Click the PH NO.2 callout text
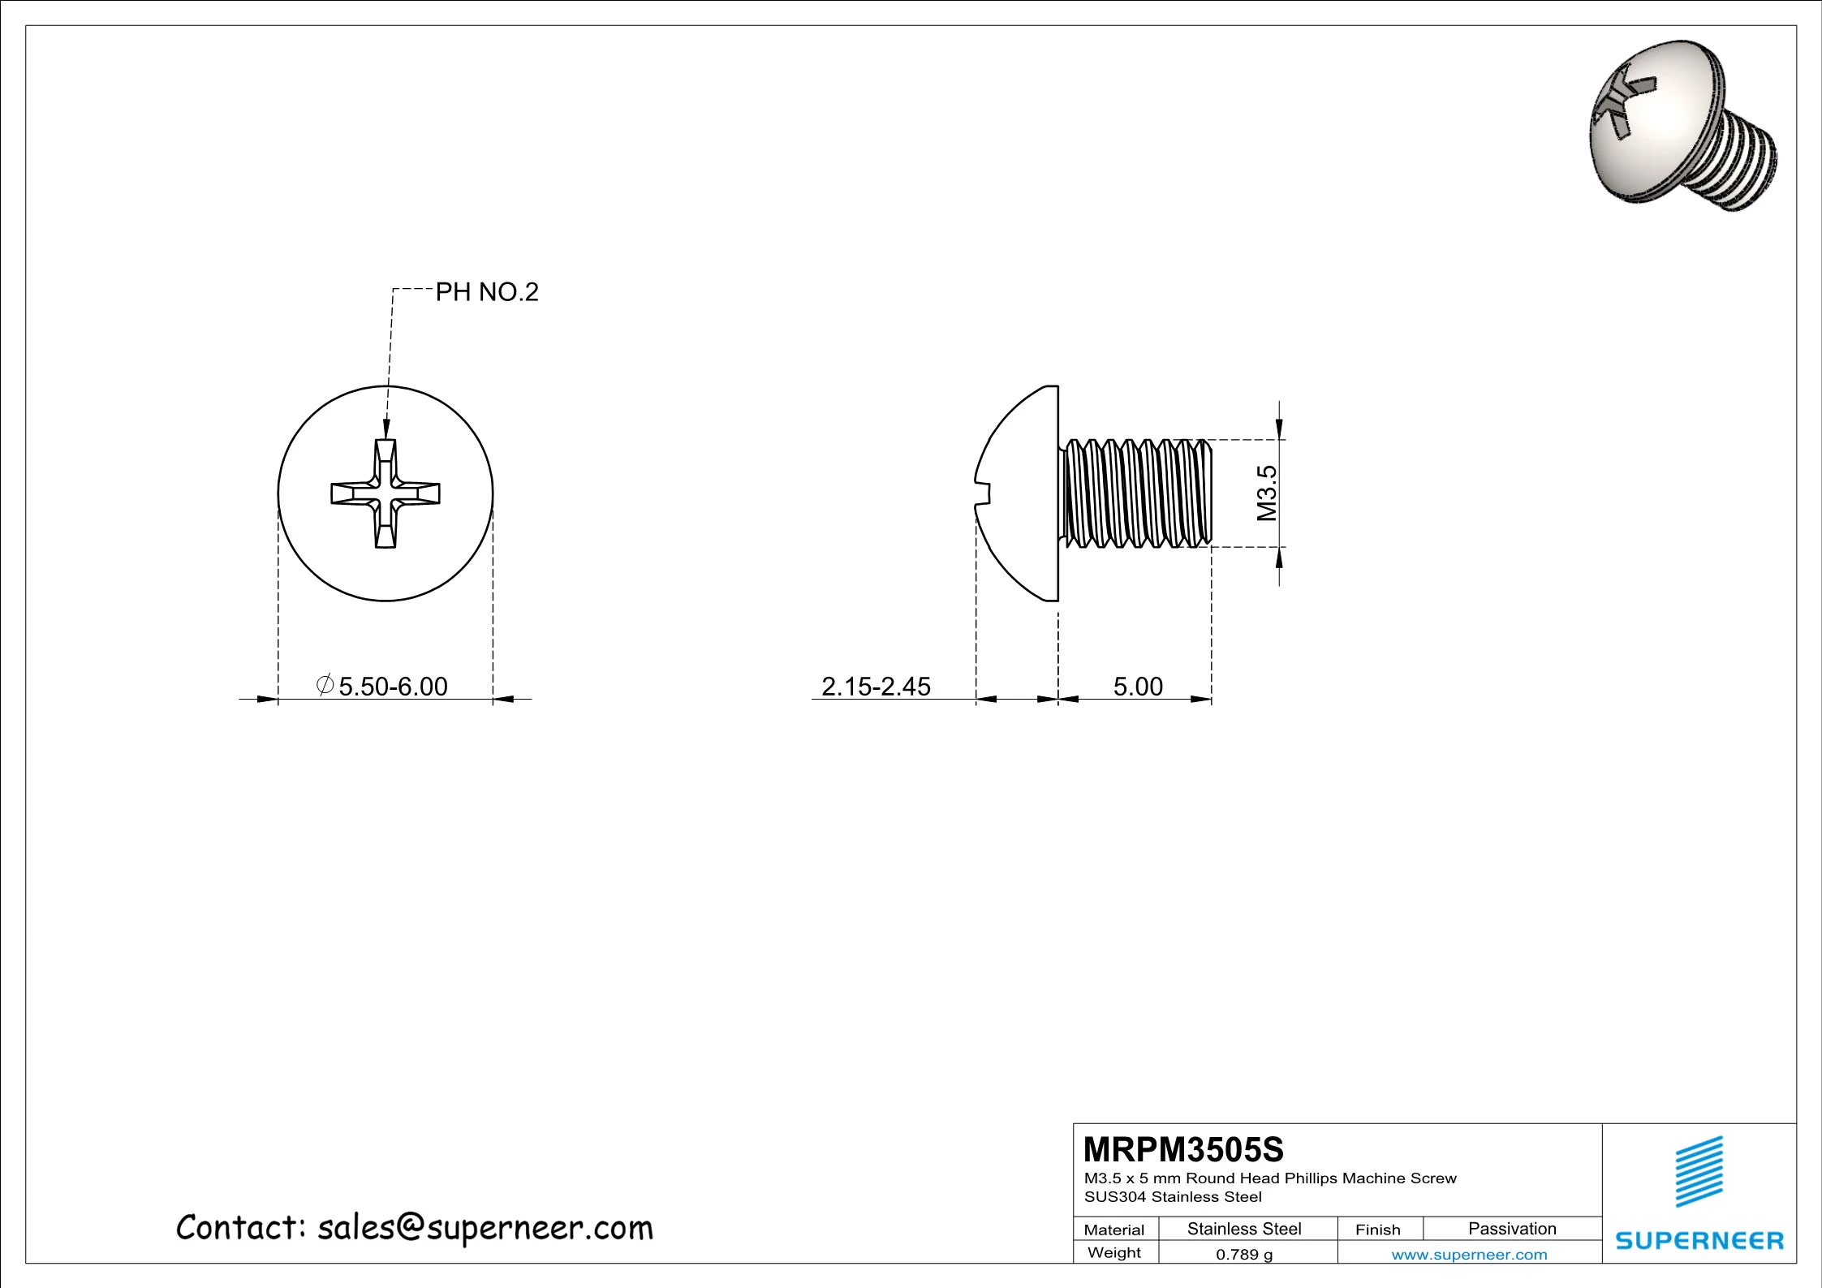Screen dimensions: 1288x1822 pyautogui.click(x=487, y=292)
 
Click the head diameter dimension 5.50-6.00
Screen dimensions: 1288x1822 pyautogui.click(x=393, y=687)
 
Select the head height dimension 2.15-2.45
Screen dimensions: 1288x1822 pyautogui.click(x=876, y=687)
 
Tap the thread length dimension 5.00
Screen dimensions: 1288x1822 pyautogui.click(x=1138, y=687)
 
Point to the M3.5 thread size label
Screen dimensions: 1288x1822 pyautogui.click(x=1267, y=493)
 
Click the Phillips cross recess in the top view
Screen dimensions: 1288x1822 pyautogui.click(x=386, y=493)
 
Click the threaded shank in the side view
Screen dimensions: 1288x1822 pyautogui.click(x=1136, y=493)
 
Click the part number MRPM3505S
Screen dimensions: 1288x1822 pyautogui.click(x=1183, y=1150)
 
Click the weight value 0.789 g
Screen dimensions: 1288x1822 pyautogui.click(x=1244, y=1255)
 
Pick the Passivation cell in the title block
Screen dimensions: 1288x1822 pyautogui.click(x=1512, y=1229)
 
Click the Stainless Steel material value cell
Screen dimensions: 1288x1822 pyautogui.click(x=1244, y=1229)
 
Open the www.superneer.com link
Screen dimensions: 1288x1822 pyautogui.click(x=1469, y=1255)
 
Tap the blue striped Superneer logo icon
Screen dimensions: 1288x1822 pyautogui.click(x=1699, y=1171)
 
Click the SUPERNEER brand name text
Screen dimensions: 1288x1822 pyautogui.click(x=1699, y=1240)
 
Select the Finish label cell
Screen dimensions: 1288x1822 pyautogui.click(x=1377, y=1230)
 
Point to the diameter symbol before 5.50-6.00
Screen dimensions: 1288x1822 pyautogui.click(x=325, y=685)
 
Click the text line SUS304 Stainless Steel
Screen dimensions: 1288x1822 pyautogui.click(x=1173, y=1197)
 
